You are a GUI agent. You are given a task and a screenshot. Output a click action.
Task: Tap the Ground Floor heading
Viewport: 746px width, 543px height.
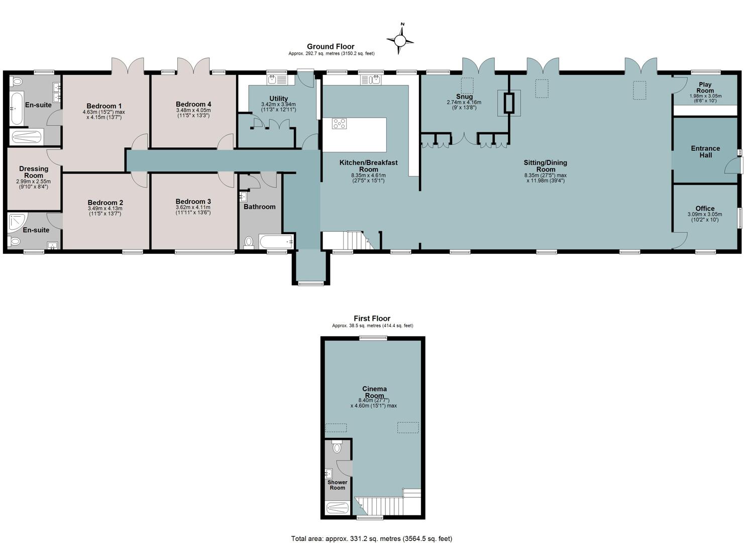(x=331, y=47)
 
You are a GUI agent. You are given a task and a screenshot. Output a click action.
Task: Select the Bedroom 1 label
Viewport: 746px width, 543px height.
(x=104, y=106)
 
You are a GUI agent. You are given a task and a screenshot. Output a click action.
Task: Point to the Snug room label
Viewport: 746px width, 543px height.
(x=464, y=97)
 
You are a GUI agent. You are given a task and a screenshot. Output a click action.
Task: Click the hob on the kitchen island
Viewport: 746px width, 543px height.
(x=339, y=124)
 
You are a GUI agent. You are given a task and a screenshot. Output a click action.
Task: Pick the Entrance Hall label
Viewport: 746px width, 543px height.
(x=705, y=152)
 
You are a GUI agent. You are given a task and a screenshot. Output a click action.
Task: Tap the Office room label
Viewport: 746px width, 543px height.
(x=705, y=208)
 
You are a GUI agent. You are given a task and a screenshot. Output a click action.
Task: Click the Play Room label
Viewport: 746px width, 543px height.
(x=705, y=87)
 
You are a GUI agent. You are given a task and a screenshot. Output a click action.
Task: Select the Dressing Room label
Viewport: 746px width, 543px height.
(x=34, y=172)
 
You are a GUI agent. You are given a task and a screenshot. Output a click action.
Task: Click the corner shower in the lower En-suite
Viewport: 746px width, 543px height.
(x=17, y=223)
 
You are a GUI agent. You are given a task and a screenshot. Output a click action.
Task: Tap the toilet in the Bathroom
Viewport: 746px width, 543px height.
(x=249, y=242)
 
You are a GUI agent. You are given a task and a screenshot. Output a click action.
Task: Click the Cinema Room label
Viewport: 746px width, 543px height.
(x=374, y=392)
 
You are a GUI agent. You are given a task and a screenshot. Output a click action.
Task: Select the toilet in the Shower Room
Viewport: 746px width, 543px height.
(x=337, y=446)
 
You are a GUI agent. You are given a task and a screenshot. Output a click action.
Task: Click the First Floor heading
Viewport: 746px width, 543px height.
(x=372, y=318)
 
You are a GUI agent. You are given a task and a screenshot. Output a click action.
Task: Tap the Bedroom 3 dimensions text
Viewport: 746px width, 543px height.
(x=193, y=210)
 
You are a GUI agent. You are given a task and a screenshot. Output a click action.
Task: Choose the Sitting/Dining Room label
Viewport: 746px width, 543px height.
(x=545, y=166)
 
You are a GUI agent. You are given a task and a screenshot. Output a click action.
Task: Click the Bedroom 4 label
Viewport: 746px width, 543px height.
(x=193, y=105)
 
